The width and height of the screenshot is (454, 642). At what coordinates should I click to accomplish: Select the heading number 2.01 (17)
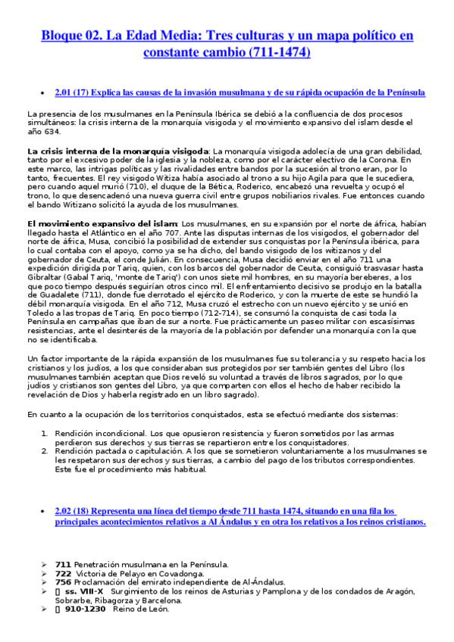[x=83, y=92]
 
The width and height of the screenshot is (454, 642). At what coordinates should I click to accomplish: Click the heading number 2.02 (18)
[x=83, y=512]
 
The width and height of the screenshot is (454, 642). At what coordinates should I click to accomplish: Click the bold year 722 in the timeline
[x=64, y=572]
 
